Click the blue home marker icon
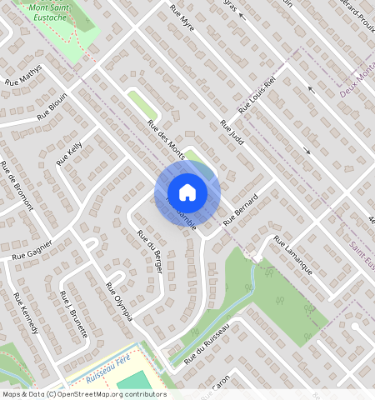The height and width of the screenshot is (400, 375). point(187,192)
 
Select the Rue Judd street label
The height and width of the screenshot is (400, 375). point(232,132)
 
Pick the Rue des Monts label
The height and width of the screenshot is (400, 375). point(166,137)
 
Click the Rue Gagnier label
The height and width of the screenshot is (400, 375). point(32,250)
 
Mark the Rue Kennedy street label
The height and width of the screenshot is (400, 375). point(26,313)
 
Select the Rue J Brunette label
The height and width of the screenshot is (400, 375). point(74,313)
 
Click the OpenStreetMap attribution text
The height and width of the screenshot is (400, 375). point(83,394)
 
